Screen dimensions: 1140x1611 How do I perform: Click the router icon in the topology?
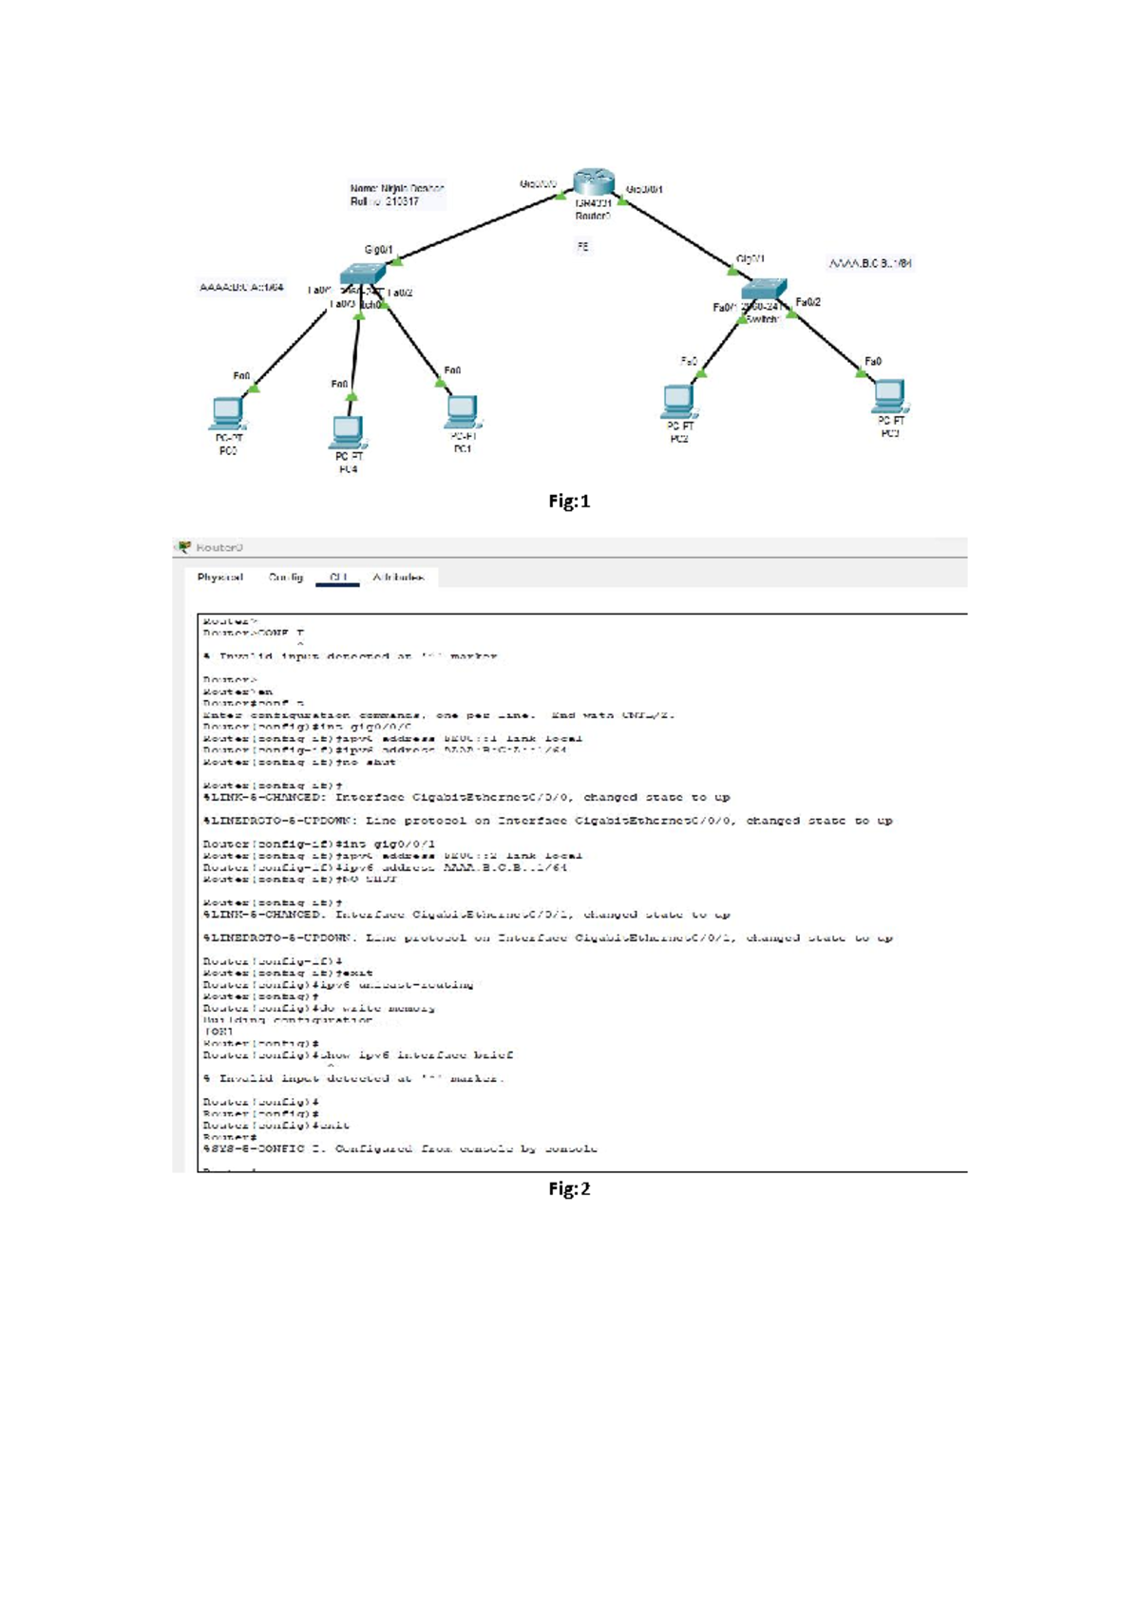(594, 183)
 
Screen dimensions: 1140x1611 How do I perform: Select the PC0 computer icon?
(227, 413)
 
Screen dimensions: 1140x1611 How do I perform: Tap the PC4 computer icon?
(348, 432)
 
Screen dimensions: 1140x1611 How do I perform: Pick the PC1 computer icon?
(462, 411)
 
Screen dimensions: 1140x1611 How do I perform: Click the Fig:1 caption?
(569, 502)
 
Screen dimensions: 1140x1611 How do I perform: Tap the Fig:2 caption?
(569, 1189)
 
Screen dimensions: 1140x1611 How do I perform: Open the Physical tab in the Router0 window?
(220, 578)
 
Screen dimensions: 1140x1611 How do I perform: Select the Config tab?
(286, 578)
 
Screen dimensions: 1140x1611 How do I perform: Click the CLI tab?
(338, 578)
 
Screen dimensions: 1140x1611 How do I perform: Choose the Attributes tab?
(398, 578)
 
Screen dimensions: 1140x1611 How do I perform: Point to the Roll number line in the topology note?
(385, 201)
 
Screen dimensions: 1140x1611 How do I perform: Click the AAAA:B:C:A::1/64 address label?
(241, 287)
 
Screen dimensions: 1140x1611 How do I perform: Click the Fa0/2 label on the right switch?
(808, 302)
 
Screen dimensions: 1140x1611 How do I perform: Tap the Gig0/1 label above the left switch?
(378, 250)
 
